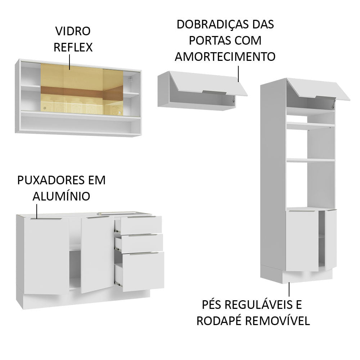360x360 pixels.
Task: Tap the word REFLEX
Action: pos(73,47)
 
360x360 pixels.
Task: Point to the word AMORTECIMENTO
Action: pos(225,57)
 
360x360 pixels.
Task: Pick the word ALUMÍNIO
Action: pos(61,196)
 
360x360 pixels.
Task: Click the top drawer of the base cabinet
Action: pos(141,225)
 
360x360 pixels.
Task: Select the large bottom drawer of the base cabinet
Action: pos(143,271)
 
